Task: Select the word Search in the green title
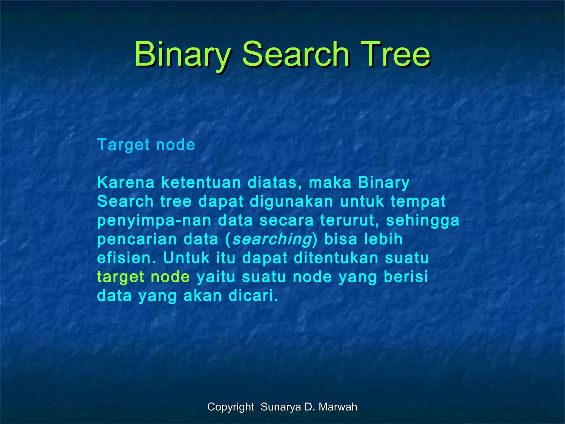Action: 295,54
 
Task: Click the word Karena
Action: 126,183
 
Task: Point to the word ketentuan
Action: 201,183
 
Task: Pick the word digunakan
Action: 292,202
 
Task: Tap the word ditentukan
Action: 336,258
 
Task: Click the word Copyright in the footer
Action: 231,407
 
